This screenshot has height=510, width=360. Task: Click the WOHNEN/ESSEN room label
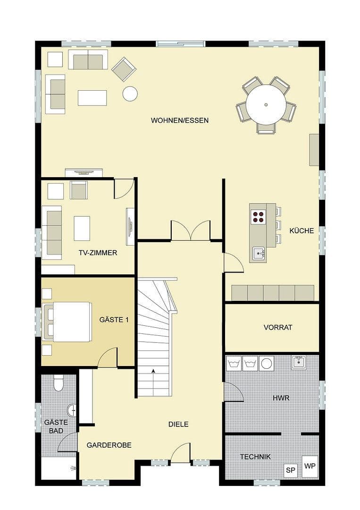coord(180,120)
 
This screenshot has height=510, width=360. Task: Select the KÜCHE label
coord(301,231)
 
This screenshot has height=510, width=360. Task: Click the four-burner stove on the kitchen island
coord(258,216)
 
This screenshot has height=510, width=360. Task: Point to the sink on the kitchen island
coord(258,253)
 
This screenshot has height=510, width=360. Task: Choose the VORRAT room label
coord(278,327)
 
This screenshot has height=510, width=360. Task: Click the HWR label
coord(281,398)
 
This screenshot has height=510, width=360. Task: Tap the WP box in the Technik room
coord(310,466)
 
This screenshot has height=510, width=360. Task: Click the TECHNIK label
coord(255,457)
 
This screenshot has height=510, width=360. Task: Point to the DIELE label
coord(178,424)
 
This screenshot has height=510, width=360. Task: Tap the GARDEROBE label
coord(109,445)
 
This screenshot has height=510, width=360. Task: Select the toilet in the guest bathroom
coord(59,383)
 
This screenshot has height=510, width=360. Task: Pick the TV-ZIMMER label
coord(98,253)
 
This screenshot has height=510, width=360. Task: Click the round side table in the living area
coord(130,93)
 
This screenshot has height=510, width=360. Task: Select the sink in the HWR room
coord(298,363)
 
